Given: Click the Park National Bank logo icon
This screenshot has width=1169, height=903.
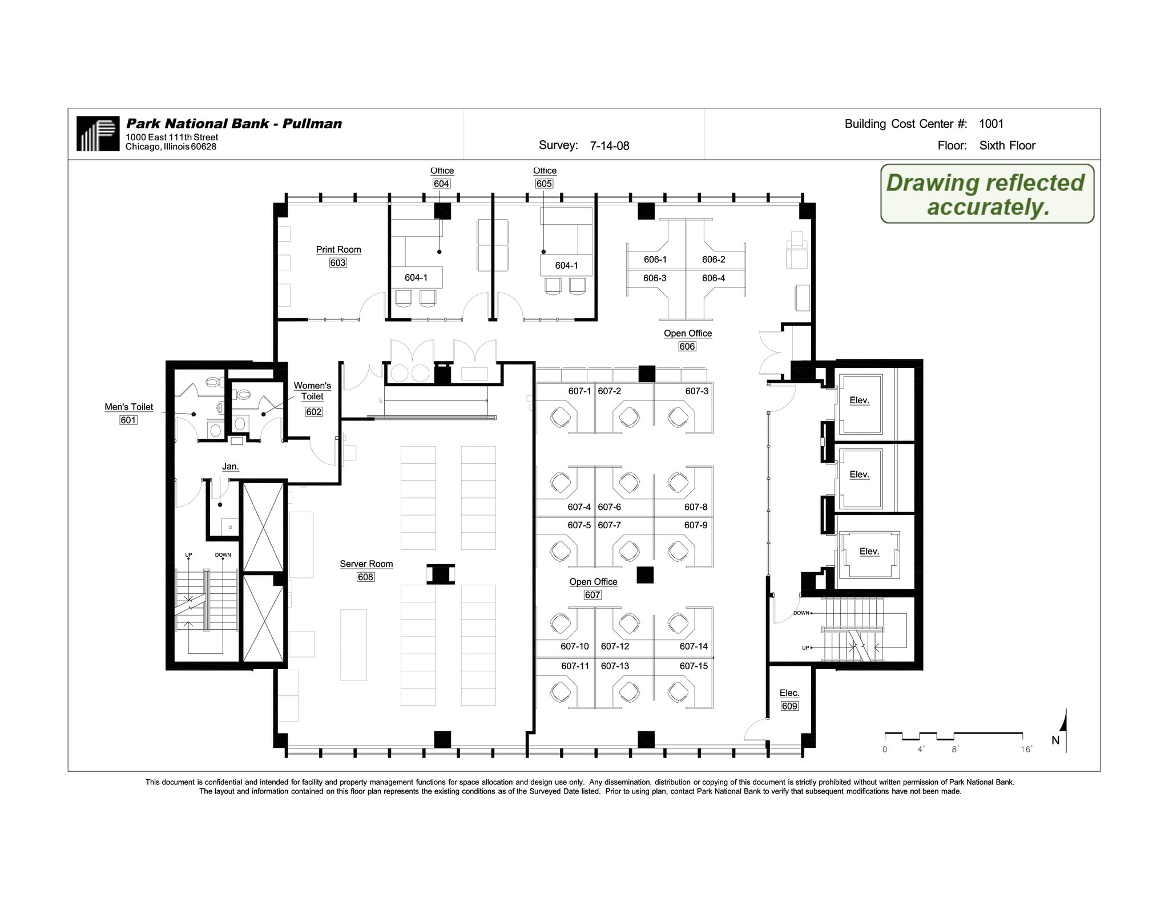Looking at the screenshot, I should (98, 133).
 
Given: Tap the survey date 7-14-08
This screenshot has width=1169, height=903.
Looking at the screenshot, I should (609, 146).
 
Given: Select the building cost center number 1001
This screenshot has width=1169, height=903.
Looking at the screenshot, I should (991, 124).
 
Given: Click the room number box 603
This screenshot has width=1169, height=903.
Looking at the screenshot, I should (337, 263).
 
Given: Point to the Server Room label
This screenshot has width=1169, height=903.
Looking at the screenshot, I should (366, 564).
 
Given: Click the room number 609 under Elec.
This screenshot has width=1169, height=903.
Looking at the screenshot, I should (789, 706).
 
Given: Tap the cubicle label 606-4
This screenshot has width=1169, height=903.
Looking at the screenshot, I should (713, 278).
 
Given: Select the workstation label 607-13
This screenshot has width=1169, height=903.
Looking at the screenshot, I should (615, 666).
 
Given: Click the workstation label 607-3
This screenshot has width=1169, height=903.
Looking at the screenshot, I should (696, 391).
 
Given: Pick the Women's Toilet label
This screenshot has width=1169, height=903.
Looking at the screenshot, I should (312, 391).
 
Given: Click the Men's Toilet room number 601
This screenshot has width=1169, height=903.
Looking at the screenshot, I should (128, 420).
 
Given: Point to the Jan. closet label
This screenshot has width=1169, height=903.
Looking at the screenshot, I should (230, 467).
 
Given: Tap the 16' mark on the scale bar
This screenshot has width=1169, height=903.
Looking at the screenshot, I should (1026, 750).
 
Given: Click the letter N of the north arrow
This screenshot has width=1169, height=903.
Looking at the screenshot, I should (1055, 740).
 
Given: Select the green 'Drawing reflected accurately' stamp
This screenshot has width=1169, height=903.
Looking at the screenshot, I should (986, 194).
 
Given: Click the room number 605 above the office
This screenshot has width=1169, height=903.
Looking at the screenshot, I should (543, 184).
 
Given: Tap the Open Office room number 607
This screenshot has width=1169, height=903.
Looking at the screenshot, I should (592, 595).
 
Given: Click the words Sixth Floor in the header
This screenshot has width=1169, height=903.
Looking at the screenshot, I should (1007, 145).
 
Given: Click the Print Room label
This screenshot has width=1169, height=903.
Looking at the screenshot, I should (338, 250).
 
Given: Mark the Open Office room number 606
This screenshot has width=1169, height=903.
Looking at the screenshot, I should (687, 347).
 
